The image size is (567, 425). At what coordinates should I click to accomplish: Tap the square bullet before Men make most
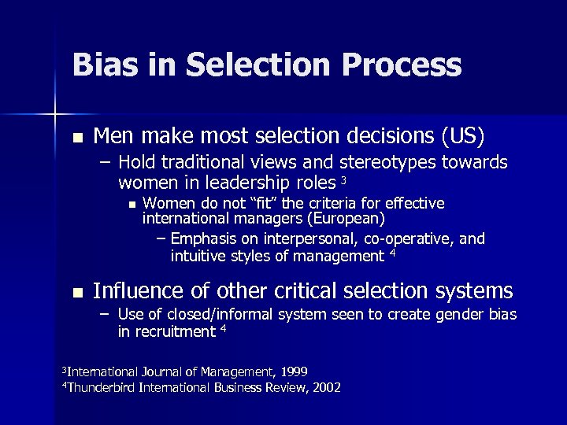[x=76, y=138]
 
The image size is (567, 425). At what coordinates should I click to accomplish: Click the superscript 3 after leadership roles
[x=343, y=181]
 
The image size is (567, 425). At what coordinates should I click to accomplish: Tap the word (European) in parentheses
[x=348, y=218]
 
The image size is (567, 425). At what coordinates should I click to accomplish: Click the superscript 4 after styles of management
[x=392, y=253]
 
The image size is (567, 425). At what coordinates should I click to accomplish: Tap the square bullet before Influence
[x=76, y=293]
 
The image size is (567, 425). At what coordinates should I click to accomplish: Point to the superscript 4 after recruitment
[x=223, y=329]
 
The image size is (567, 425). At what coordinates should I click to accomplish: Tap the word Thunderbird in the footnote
[x=102, y=387]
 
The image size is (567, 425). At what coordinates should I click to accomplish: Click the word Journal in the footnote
[x=164, y=371]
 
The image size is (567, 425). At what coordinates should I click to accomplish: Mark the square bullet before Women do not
[x=132, y=205]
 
